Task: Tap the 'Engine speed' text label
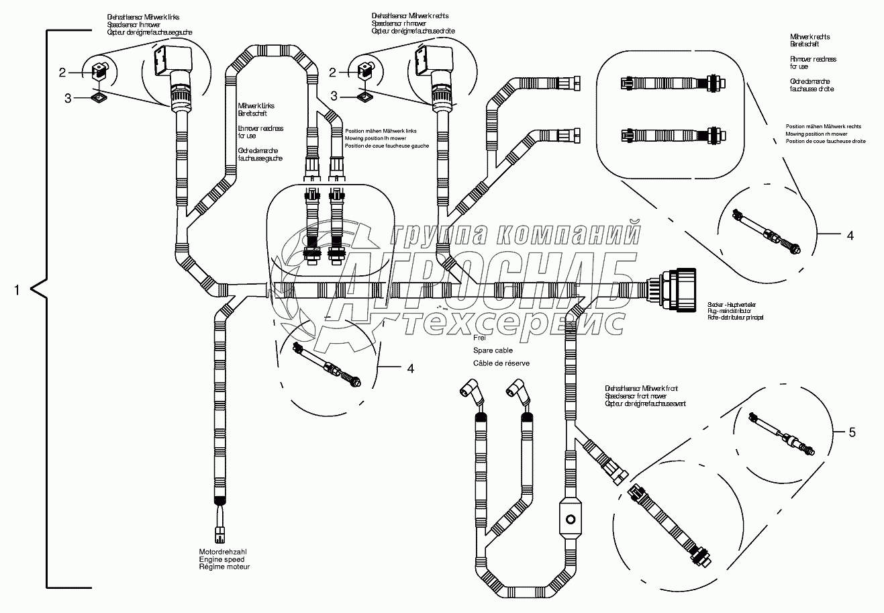tap(222, 559)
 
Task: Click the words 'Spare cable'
tap(493, 350)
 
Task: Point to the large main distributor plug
tap(679, 290)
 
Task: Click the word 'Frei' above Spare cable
tap(479, 339)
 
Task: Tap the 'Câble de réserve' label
tap(501, 363)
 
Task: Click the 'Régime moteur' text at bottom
tap(224, 567)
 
